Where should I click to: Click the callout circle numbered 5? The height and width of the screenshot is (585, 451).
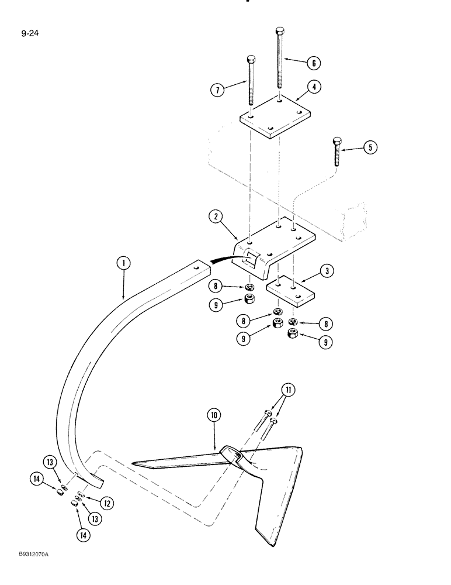(x=369, y=147)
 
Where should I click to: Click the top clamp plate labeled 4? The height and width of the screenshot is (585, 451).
(x=275, y=118)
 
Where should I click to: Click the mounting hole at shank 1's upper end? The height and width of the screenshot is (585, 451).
(x=196, y=266)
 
